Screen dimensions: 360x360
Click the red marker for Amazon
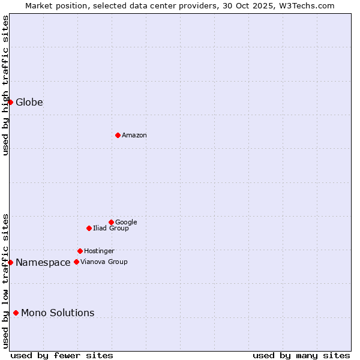tap(118, 135)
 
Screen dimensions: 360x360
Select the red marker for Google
tap(111, 222)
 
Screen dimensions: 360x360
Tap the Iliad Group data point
tap(89, 228)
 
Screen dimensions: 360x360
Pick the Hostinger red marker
tap(80, 251)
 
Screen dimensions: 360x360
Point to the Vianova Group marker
tap(76, 262)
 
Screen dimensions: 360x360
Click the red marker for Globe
tap(10, 102)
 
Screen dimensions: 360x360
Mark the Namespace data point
tap(10, 262)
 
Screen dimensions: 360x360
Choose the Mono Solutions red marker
tap(16, 313)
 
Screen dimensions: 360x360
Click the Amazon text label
tap(134, 136)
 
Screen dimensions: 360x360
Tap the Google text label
tap(126, 223)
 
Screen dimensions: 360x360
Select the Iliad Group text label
tap(111, 229)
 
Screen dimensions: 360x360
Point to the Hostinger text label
tap(99, 251)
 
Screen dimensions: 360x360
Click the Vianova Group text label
tap(104, 262)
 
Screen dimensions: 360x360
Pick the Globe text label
tap(29, 103)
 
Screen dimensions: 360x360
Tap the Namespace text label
tap(43, 263)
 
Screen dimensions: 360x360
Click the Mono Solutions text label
tap(58, 313)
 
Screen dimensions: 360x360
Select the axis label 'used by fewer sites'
tap(62, 355)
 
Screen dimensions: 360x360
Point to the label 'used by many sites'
tap(301, 355)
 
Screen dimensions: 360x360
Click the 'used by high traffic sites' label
tap(5, 85)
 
